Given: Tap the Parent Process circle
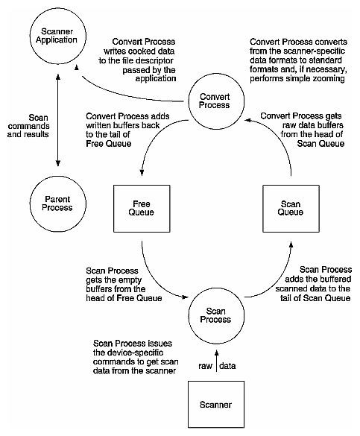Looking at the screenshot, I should [x=57, y=202].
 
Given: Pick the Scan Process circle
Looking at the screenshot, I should [x=218, y=312].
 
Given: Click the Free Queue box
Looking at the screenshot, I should [x=142, y=207].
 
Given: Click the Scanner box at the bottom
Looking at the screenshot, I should [x=216, y=405].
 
